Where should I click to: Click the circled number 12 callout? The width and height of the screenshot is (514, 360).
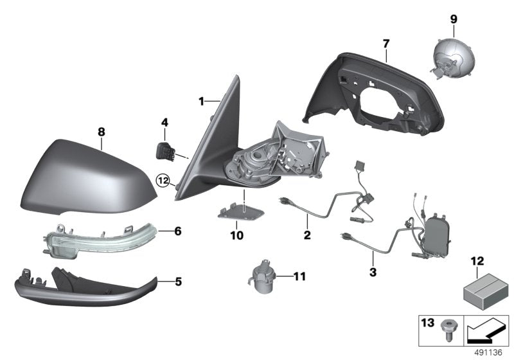(x=164, y=181)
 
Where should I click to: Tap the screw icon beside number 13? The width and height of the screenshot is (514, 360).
(x=446, y=330)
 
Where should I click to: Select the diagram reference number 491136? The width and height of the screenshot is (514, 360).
(x=488, y=352)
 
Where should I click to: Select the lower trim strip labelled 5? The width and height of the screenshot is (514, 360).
(x=86, y=287)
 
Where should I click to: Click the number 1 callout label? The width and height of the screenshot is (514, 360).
(x=201, y=102)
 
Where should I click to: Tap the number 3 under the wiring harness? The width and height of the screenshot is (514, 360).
(x=373, y=272)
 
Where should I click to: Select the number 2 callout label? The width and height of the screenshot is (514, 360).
(x=307, y=235)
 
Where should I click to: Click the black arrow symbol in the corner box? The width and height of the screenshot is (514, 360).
(x=486, y=331)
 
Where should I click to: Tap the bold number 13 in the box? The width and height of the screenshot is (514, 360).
(x=427, y=323)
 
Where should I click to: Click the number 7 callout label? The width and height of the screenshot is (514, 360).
(x=386, y=43)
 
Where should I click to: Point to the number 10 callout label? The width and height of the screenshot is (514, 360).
(x=236, y=235)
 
